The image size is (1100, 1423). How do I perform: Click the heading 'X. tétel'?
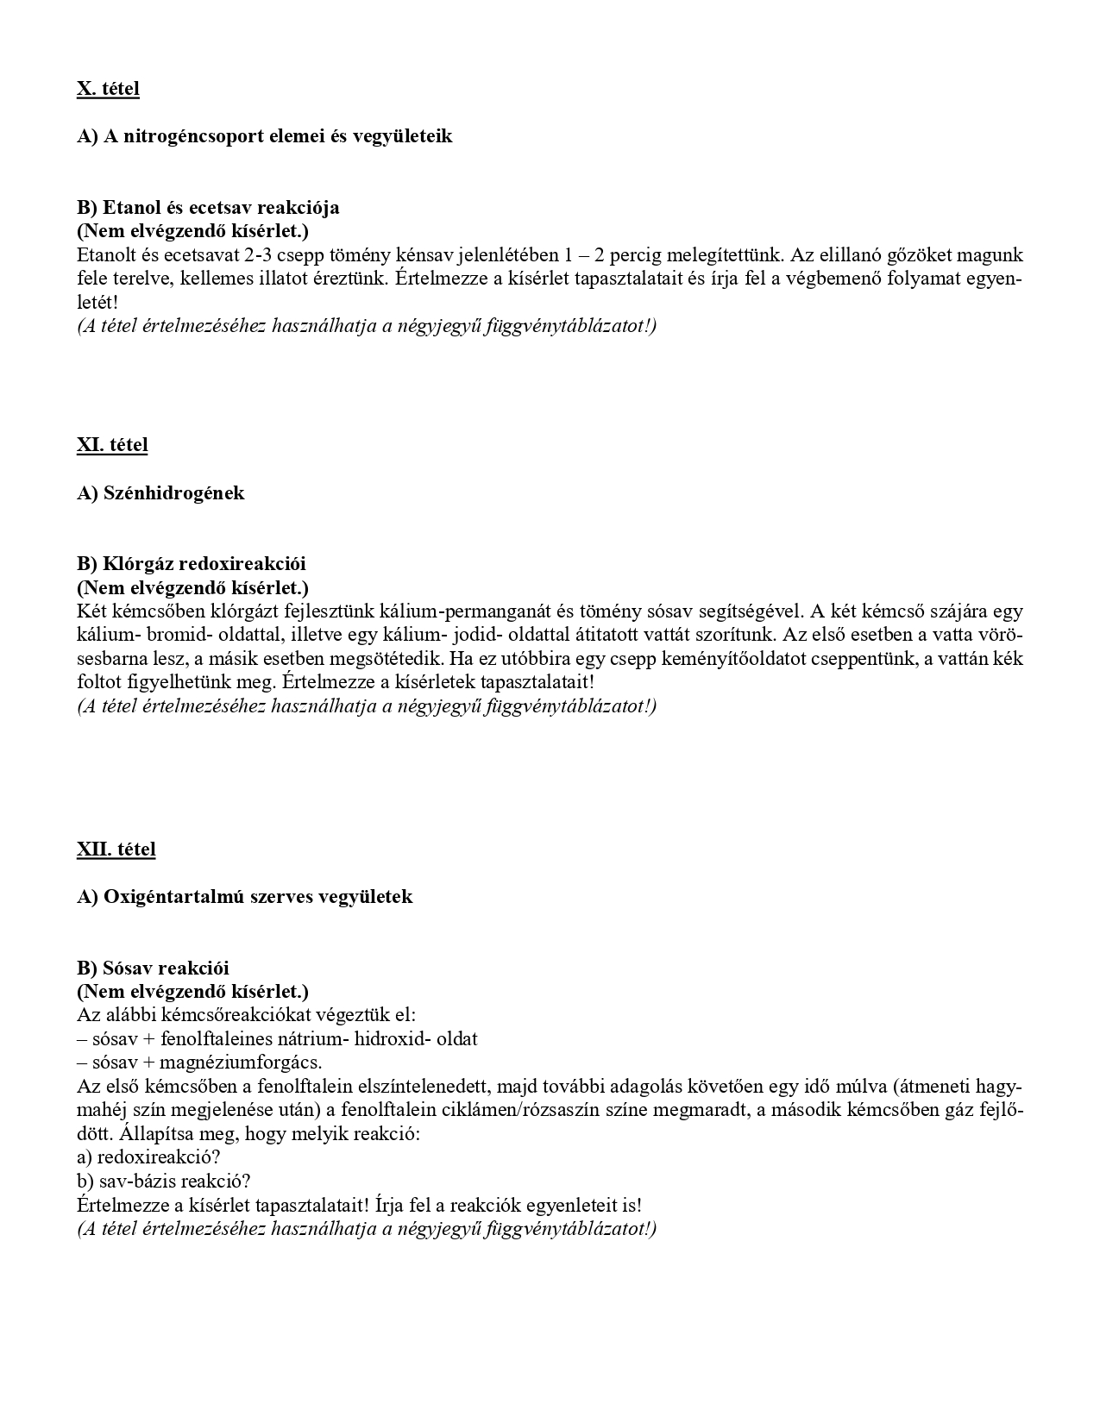tap(108, 89)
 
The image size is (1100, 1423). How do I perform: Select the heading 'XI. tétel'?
tap(112, 445)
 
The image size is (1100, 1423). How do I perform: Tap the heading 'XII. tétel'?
tap(116, 849)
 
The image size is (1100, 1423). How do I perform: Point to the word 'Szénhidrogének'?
tap(173, 493)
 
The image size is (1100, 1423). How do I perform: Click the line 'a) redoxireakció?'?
tap(148, 1157)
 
